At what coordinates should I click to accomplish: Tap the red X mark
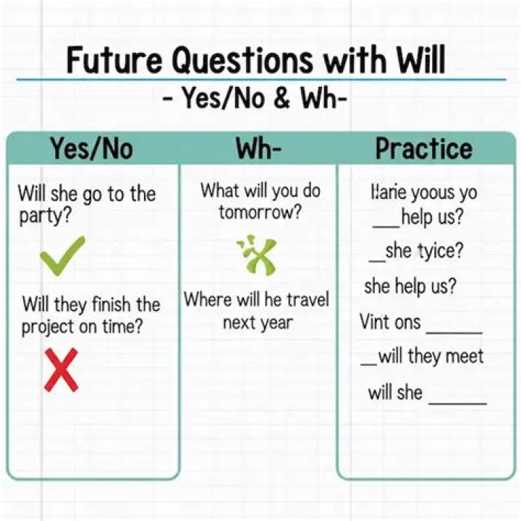[x=61, y=369]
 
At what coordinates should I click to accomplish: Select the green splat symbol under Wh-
[x=255, y=256]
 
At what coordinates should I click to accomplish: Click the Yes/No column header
[x=92, y=149]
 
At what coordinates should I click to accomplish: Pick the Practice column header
[x=423, y=149]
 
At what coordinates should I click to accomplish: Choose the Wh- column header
[x=258, y=149]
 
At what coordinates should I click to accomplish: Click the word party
[x=41, y=216]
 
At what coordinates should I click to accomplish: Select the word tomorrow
[x=260, y=213]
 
